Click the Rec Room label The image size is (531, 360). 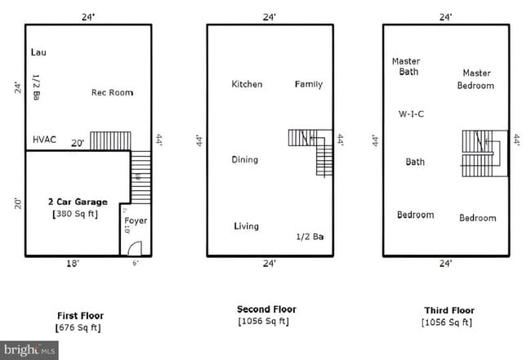click(x=112, y=92)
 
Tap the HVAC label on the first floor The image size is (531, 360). click(x=44, y=140)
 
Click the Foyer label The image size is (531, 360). click(x=135, y=220)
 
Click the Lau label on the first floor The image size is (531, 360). click(x=38, y=52)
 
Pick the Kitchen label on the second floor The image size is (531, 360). click(x=247, y=84)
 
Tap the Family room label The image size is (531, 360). click(x=308, y=84)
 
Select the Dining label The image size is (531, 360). click(x=245, y=160)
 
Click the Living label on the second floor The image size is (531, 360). click(x=246, y=226)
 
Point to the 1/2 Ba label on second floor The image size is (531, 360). click(x=310, y=237)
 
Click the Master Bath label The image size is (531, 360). click(x=406, y=66)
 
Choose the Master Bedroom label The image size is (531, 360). click(x=475, y=79)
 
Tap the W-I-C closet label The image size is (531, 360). click(x=411, y=113)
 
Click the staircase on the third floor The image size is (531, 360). click(x=480, y=153)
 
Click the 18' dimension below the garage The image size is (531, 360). click(x=73, y=264)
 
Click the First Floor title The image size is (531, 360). click(x=80, y=315)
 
